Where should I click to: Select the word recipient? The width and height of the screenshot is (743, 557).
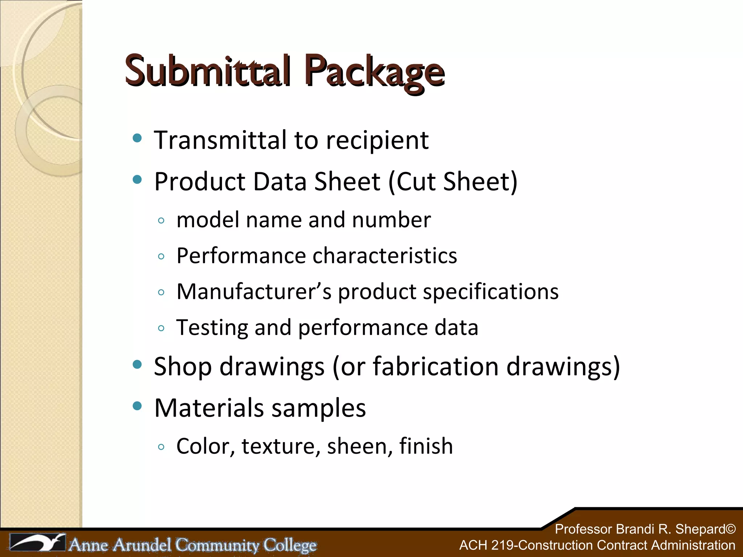[377, 141]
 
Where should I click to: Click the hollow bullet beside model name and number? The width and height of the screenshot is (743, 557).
[161, 220]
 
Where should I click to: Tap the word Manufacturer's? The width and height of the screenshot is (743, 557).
[254, 292]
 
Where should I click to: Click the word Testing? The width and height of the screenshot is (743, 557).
[212, 328]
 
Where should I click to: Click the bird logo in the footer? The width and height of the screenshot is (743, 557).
[37, 543]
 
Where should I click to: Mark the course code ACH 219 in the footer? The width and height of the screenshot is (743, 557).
[486, 545]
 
